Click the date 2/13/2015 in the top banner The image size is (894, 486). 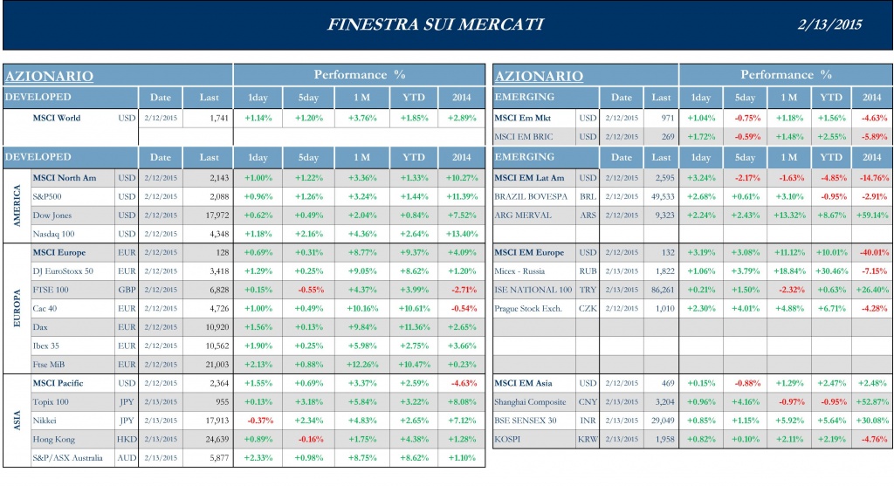coord(830,24)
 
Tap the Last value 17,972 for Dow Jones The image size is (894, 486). coord(212,215)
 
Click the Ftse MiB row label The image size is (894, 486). coord(52,365)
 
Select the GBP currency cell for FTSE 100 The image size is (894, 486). coord(127,290)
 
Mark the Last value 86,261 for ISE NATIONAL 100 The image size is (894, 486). coord(662,290)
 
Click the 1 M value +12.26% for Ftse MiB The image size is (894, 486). coord(361,365)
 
